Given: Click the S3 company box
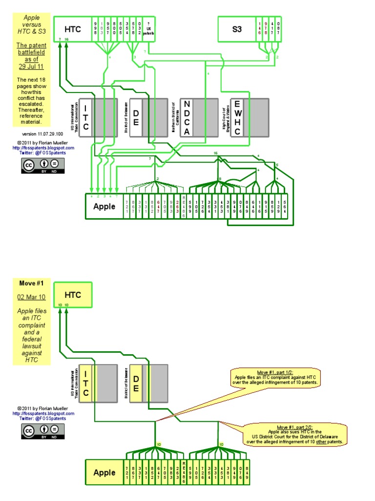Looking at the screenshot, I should coord(237,29).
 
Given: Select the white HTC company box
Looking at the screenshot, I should coord(73,29).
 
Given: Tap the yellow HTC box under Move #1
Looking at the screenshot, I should coord(73,295).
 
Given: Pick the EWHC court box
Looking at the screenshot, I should coord(237,117).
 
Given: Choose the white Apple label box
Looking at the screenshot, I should coord(104,206).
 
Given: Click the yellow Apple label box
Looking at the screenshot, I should coord(104,473).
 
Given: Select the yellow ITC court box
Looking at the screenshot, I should coord(85,384).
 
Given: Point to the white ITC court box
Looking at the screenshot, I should coord(85,117).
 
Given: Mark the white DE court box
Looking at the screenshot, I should coord(136,117).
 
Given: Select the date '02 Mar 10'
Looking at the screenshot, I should coord(31,296).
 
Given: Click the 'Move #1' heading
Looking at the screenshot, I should coord(31,283).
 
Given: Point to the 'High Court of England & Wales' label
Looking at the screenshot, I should coord(226,117).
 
